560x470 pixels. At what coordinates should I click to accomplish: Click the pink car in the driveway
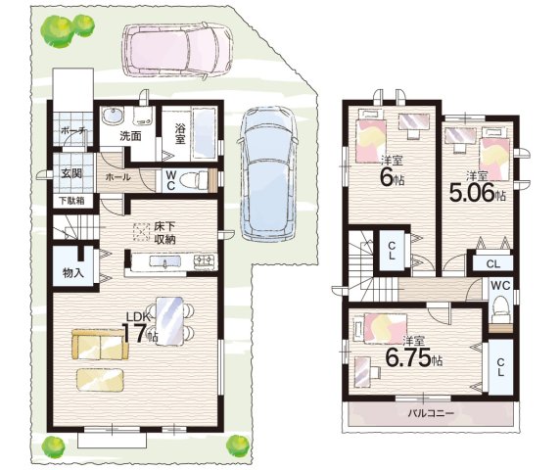coord(177,49)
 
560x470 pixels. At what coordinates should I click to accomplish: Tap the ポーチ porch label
coord(72,130)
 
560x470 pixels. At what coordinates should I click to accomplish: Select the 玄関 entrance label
coord(71,173)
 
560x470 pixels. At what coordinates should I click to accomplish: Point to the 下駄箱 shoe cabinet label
coord(71,201)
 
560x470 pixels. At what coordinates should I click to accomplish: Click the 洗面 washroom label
coord(130,136)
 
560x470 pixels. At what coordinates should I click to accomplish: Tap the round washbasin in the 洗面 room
coord(113,115)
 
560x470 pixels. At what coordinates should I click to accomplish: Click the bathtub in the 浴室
coord(204,133)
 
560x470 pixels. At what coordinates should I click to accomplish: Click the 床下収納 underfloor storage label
coord(164,232)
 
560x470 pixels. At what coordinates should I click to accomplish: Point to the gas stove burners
coord(206,261)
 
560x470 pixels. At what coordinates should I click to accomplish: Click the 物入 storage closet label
coord(73,273)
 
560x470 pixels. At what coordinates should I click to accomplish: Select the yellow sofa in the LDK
coord(100,344)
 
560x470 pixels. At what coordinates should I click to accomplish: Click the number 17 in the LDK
coord(135,333)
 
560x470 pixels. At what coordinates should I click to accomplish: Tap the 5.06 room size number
coord(472,193)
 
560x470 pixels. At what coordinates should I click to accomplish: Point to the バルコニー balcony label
coord(431,414)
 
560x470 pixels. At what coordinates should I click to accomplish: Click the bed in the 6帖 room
coord(371,136)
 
